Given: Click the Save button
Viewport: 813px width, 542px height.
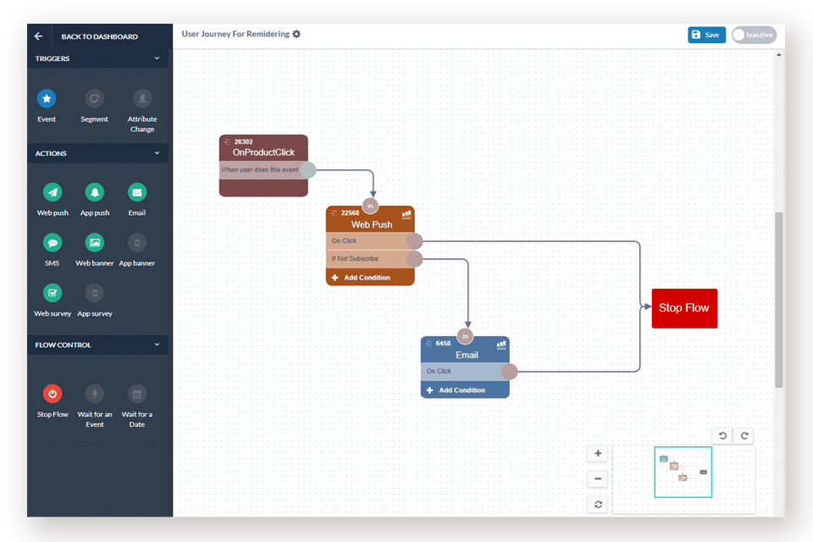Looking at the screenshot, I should tap(706, 35).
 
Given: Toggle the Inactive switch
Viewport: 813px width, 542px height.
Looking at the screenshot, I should tap(754, 35).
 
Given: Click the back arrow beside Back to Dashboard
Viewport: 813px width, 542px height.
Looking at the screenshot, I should tap(38, 36).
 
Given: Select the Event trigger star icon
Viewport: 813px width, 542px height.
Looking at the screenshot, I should tap(47, 99).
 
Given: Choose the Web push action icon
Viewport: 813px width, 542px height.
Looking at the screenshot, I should tap(53, 192).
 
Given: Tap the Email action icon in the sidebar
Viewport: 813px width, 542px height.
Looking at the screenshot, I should tap(137, 192).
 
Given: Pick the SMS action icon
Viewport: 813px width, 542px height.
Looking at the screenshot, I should tap(53, 243).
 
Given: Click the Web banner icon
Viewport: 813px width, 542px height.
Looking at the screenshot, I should tap(95, 243).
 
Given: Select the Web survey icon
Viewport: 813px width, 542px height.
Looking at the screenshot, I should tap(53, 293).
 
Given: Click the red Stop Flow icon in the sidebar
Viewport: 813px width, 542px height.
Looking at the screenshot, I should tap(53, 394).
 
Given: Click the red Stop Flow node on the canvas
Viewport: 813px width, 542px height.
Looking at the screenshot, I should tap(684, 308).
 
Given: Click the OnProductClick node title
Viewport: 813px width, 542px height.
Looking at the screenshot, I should tap(263, 152).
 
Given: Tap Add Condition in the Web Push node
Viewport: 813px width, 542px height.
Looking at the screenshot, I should tap(368, 278).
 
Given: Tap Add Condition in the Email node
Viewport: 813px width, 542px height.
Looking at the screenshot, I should tap(462, 390).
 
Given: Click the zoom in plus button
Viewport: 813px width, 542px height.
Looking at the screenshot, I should tap(598, 453).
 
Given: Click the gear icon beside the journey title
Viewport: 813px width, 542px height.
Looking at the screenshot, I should tap(296, 34).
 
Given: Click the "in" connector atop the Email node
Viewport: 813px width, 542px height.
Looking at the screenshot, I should tap(465, 335).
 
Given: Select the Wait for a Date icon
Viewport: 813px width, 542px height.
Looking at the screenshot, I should tap(137, 394).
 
